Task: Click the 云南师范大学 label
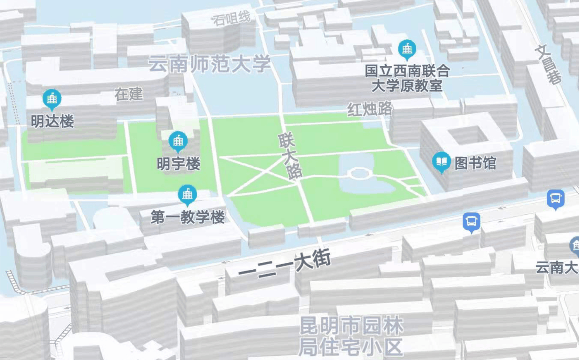[209, 65]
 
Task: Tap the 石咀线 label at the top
[232, 18]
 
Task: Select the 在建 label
[129, 94]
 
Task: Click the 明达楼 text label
[52, 122]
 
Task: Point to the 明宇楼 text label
[179, 162]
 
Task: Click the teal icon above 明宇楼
[179, 140]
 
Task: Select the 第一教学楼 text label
[188, 216]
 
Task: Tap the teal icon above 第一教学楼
[187, 193]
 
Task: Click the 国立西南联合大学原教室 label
[407, 78]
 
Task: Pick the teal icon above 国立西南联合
[407, 48]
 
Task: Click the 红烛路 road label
[370, 108]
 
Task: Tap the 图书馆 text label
[475, 162]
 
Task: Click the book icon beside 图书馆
[441, 161]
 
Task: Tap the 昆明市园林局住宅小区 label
[351, 336]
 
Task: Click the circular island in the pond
[358, 174]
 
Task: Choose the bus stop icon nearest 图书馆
[471, 221]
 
